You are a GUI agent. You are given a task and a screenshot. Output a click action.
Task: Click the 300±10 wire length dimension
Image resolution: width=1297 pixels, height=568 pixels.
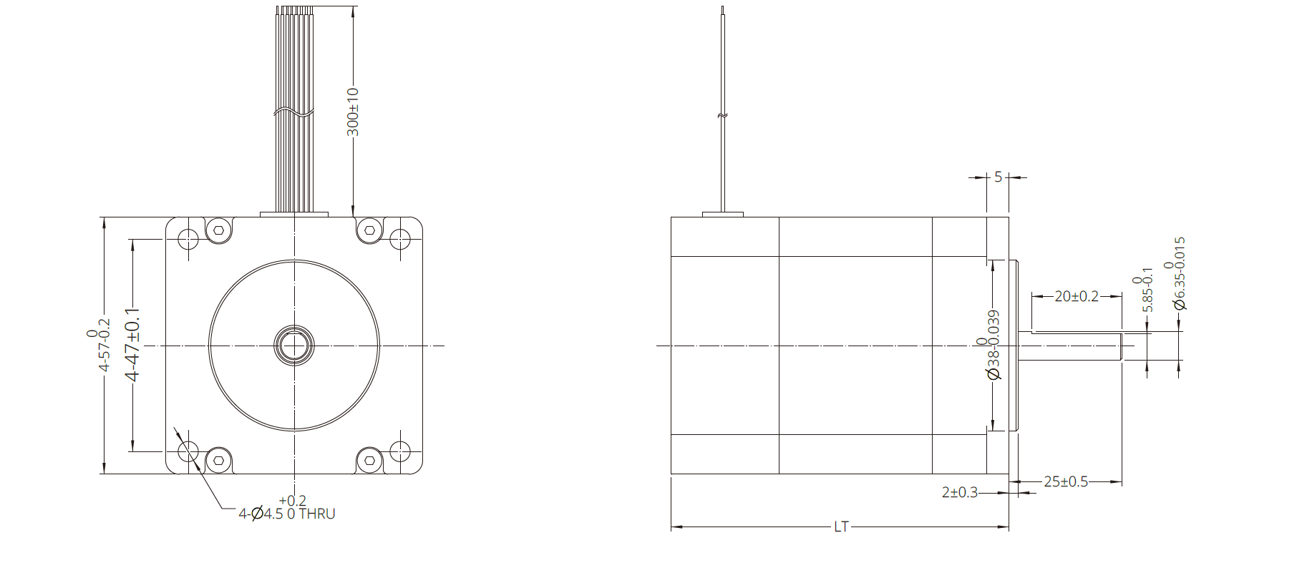click(353, 112)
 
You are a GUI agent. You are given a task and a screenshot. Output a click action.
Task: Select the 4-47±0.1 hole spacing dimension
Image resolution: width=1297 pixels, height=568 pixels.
click(132, 345)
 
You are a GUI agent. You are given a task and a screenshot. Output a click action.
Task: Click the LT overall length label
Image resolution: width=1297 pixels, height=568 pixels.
click(841, 527)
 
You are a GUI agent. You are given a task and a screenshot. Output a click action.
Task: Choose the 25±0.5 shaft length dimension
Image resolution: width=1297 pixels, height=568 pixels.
click(1066, 482)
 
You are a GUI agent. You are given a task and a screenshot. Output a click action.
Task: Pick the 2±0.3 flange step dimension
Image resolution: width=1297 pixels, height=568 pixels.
click(960, 492)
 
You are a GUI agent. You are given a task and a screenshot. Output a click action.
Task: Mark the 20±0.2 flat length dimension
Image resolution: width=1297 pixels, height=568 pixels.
click(1077, 296)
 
